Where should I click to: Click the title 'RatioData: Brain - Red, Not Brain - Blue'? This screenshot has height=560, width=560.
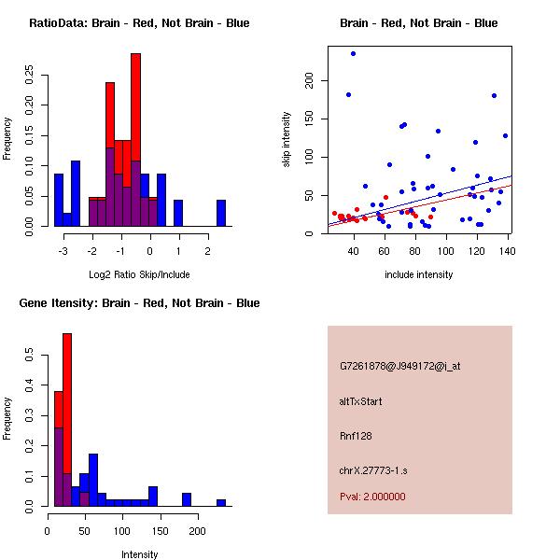click(x=139, y=23)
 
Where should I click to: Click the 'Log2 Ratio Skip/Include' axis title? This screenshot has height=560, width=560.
click(x=139, y=274)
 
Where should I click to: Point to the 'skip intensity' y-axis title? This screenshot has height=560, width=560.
click(x=287, y=140)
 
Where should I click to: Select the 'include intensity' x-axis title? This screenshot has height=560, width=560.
click(x=418, y=274)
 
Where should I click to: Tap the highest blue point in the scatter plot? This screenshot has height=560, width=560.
click(x=354, y=53)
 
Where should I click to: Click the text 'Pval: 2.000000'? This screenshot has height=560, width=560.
click(x=373, y=497)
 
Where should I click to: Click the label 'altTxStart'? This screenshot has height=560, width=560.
click(x=361, y=401)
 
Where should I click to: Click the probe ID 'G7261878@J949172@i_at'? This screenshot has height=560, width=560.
click(x=400, y=366)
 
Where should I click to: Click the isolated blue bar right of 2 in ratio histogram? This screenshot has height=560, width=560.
click(x=221, y=213)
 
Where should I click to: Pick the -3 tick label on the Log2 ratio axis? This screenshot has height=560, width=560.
click(x=61, y=251)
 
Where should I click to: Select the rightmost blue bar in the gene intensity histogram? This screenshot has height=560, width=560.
click(x=221, y=502)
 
